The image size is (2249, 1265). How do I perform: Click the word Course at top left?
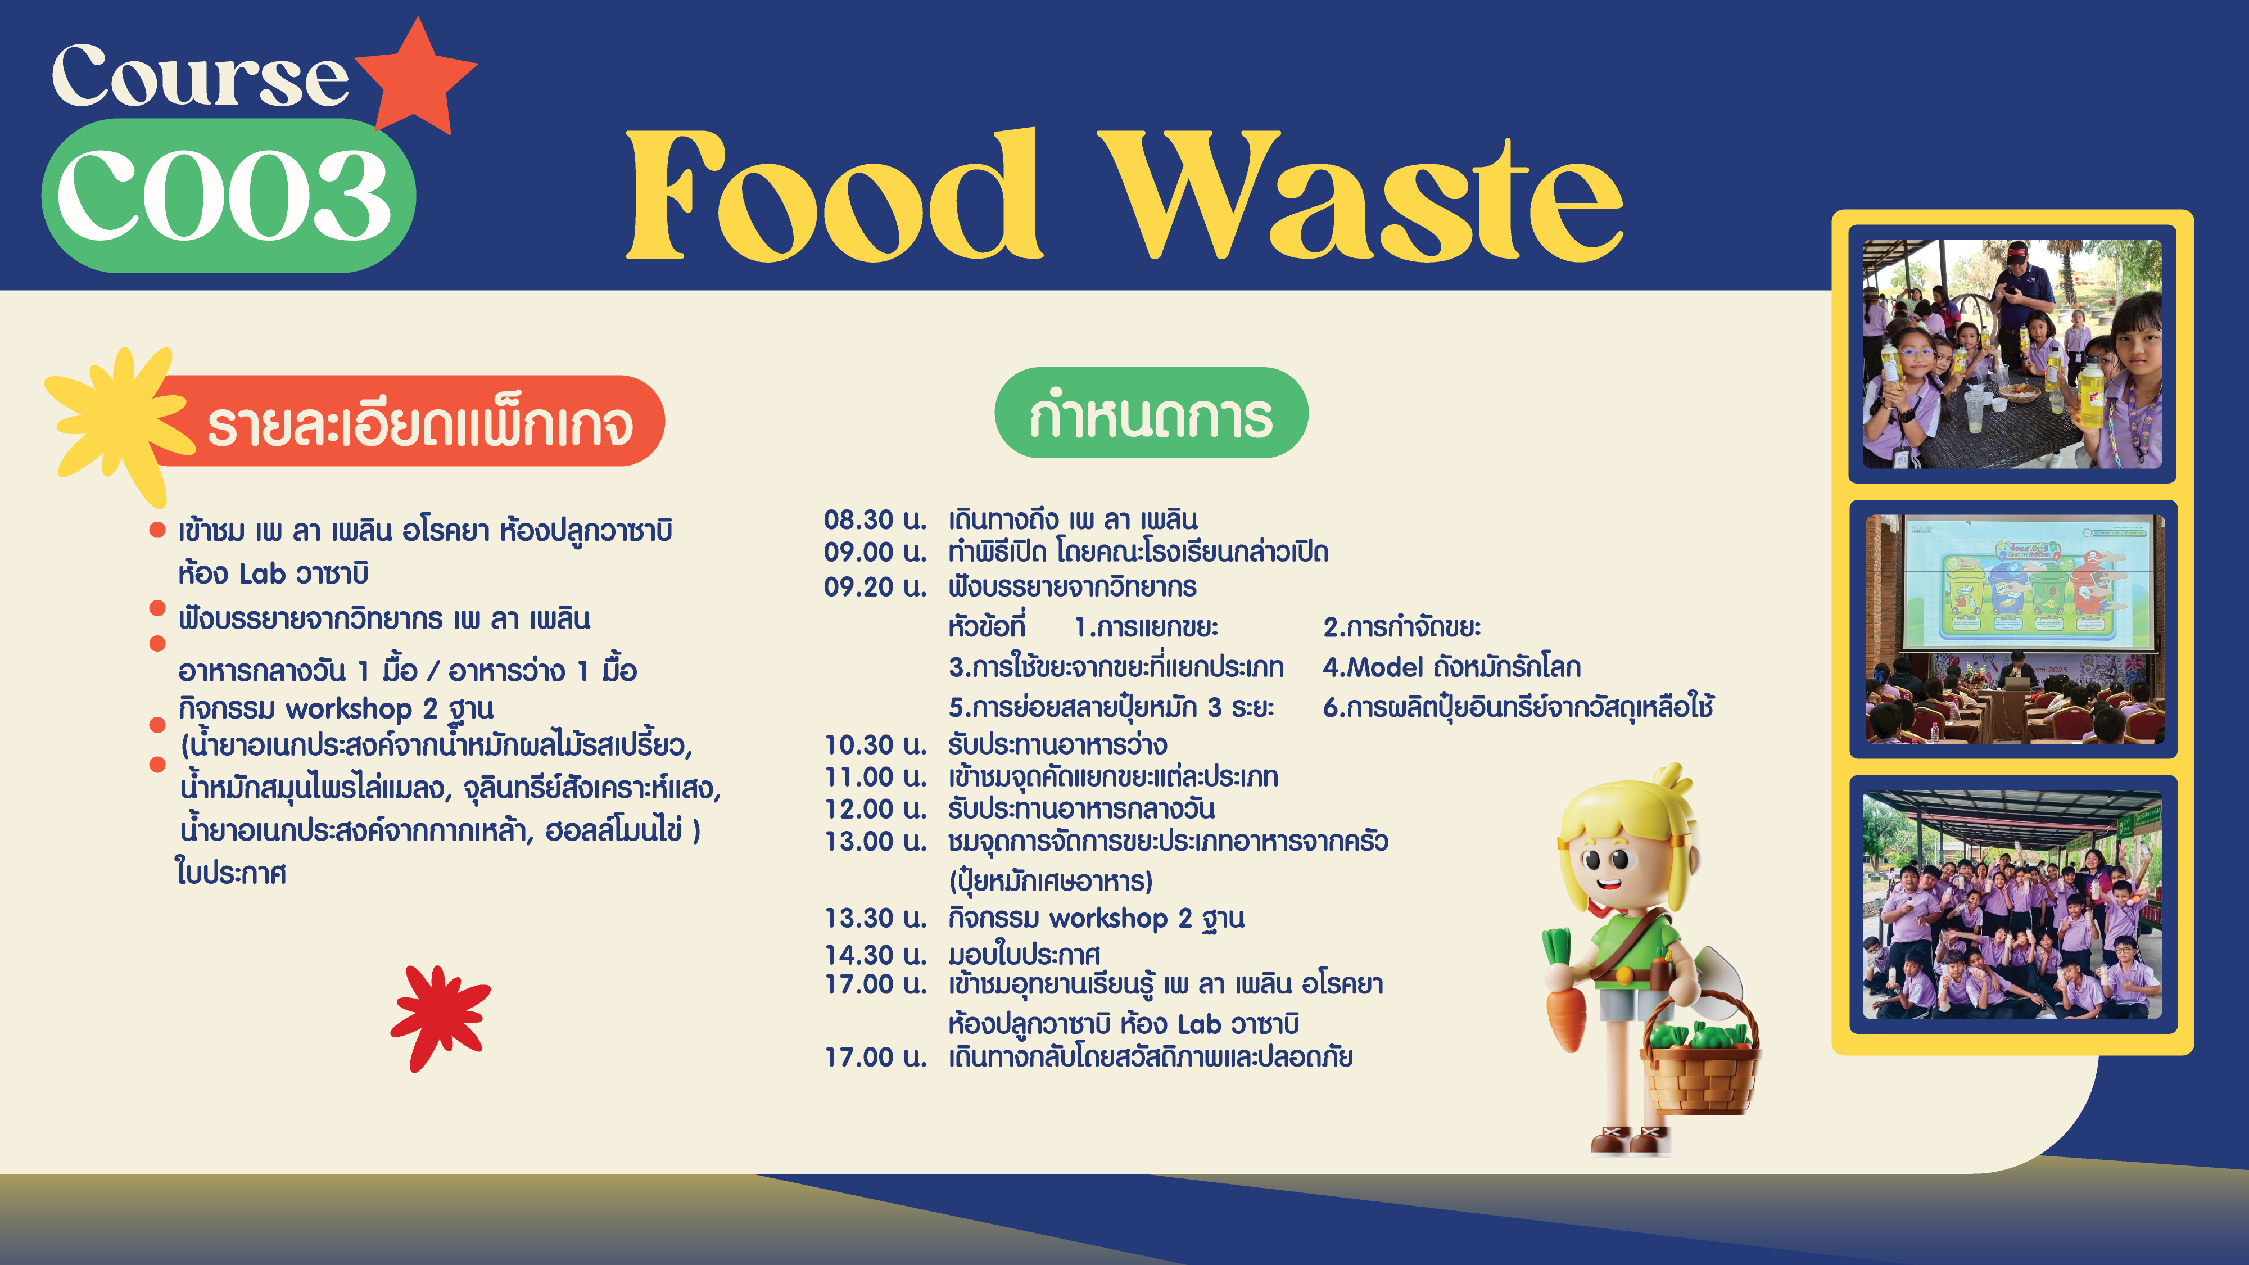pyautogui.click(x=200, y=77)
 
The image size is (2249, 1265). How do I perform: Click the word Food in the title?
pyautogui.click(x=834, y=196)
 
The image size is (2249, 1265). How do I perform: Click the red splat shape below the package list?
pyautogui.click(x=440, y=1016)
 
